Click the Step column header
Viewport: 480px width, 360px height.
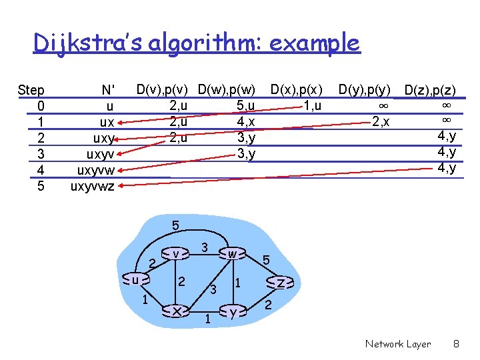coord(31,90)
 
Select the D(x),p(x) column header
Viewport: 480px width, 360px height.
coord(296,89)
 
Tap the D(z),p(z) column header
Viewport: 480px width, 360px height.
coord(430,90)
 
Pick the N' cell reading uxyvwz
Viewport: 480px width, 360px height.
coord(93,186)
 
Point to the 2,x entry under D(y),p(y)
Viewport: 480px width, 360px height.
coord(380,121)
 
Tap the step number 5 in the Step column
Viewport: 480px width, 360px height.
coord(41,186)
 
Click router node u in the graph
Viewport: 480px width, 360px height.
coord(135,281)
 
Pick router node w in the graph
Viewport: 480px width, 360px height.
coord(231,254)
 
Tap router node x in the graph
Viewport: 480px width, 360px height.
coord(176,311)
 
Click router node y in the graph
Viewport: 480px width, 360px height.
coord(231,311)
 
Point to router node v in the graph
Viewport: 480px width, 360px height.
coord(175,254)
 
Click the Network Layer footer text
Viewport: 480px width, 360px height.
coord(398,344)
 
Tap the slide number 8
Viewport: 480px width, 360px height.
coord(456,344)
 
